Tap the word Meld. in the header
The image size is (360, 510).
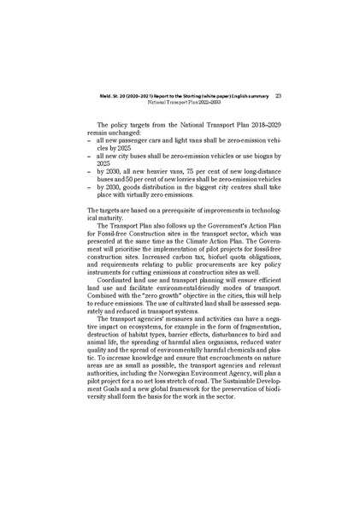click(108, 96)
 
